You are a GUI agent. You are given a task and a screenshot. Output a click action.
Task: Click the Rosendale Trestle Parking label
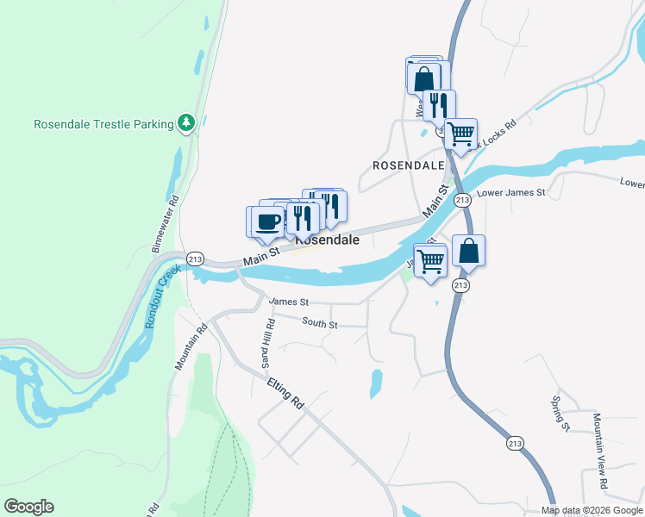click(103, 124)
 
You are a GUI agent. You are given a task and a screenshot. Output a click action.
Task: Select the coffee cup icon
click(267, 221)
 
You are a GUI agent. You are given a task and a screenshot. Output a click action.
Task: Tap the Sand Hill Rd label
click(269, 339)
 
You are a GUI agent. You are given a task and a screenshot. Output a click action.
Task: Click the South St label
click(320, 323)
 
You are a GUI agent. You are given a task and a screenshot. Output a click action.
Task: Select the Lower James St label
click(511, 193)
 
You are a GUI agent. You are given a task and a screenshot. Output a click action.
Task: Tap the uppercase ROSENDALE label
click(407, 165)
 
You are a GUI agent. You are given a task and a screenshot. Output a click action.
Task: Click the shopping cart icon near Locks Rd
click(461, 134)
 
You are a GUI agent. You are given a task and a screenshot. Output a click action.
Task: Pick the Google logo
click(28, 507)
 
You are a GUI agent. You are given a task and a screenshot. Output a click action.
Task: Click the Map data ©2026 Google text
click(592, 510)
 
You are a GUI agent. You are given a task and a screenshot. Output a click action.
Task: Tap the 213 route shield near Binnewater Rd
click(195, 258)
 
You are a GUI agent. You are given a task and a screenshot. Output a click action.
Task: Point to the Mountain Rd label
click(191, 347)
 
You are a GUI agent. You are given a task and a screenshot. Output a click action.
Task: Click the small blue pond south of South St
click(376, 379)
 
